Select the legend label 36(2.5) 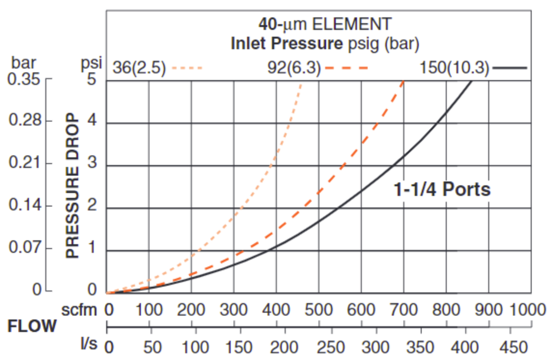point(139,68)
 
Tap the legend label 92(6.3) point(294,68)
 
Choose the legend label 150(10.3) point(454,68)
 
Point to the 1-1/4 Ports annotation point(442,190)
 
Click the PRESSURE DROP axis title point(72,186)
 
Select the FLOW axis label point(32,326)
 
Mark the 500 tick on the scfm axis point(319,309)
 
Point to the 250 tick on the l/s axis point(331,346)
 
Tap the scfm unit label point(80,309)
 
